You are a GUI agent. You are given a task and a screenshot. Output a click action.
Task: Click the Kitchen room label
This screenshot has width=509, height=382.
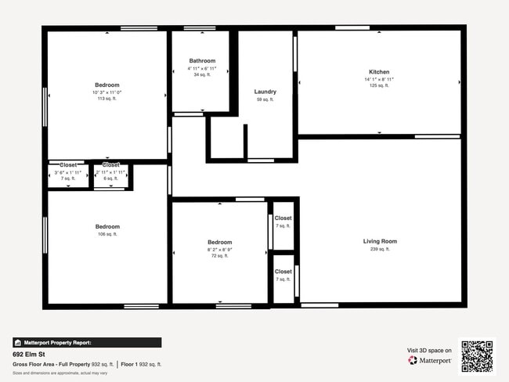pyautogui.click(x=379, y=72)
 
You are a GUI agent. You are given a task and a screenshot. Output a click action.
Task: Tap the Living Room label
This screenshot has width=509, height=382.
pyautogui.click(x=380, y=241)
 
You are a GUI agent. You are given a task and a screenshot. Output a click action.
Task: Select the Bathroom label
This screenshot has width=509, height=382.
pyautogui.click(x=202, y=61)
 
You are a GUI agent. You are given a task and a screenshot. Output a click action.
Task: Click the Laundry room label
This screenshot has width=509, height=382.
pyautogui.click(x=265, y=92)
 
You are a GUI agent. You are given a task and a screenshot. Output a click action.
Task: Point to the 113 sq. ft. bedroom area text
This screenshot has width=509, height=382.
pyautogui.click(x=106, y=99)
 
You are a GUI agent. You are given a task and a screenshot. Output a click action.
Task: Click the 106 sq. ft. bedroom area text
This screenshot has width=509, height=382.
pyautogui.click(x=108, y=234)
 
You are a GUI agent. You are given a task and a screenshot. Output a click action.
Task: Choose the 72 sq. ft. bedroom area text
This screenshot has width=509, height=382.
pyautogui.click(x=219, y=256)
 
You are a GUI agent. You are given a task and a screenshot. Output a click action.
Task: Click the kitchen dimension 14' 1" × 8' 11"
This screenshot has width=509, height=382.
pyautogui.click(x=379, y=79)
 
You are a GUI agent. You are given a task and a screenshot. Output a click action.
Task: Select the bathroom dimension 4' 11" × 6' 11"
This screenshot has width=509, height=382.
pyautogui.click(x=202, y=68)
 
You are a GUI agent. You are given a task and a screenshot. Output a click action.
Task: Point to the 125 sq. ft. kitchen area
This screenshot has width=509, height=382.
pyautogui.click(x=379, y=85)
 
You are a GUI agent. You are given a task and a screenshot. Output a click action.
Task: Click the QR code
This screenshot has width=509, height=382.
pyautogui.click(x=477, y=355)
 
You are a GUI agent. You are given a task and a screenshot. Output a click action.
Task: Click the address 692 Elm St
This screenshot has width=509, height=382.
pyautogui.click(x=29, y=354)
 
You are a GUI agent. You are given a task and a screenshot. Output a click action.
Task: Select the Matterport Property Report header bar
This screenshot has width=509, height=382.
pyautogui.click(x=87, y=342)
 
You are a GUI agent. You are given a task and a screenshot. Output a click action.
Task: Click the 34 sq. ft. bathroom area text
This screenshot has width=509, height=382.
pyautogui.click(x=202, y=75)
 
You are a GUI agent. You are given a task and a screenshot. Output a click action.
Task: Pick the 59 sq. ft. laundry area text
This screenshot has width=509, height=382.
pyautogui.click(x=265, y=99)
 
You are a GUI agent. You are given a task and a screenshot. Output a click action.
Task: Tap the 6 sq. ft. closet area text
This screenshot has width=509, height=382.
pyautogui.click(x=110, y=178)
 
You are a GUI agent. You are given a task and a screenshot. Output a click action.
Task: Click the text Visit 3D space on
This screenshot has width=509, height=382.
pyautogui.click(x=429, y=350)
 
